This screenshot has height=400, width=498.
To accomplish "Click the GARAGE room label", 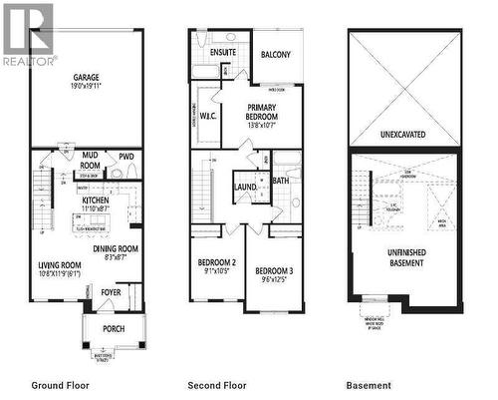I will (86, 77).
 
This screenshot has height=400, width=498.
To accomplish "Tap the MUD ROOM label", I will (91, 161).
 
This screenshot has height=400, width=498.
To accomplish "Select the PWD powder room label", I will (126, 157).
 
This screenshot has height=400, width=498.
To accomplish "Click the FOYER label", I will (110, 292).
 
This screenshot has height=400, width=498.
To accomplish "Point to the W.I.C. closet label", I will (209, 115).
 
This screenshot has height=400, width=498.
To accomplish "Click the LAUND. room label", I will (246, 187).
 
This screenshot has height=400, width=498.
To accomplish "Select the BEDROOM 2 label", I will (215, 263).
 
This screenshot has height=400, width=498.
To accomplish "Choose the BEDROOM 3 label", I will (272, 270).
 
